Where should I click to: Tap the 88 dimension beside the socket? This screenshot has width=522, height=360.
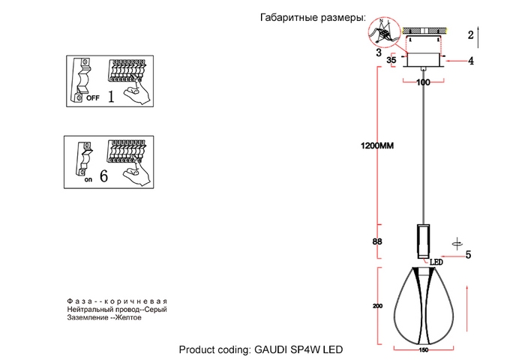tap(377, 241)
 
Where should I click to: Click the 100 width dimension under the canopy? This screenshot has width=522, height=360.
tap(423, 82)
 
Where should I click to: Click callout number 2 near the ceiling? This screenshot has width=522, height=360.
tap(470, 35)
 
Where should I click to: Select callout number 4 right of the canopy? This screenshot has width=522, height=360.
tap(471, 61)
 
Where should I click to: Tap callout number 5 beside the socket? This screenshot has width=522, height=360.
tap(468, 255)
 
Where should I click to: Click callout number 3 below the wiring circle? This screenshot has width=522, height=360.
tap(379, 53)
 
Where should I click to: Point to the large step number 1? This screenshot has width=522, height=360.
tap(111, 97)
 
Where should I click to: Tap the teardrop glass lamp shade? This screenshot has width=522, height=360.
tap(423, 304)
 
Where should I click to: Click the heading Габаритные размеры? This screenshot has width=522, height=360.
tap(313, 17)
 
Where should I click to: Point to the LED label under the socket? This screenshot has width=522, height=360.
tap(436, 262)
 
